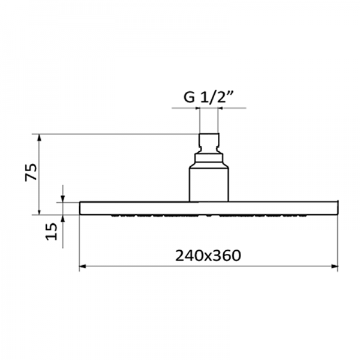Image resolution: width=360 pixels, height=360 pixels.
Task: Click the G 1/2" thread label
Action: click(x=208, y=97)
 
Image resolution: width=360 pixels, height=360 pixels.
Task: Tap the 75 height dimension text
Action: click(x=31, y=172)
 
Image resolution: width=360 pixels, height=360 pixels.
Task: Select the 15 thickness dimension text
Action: click(x=51, y=232)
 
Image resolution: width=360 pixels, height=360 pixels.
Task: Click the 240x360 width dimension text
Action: click(x=208, y=256)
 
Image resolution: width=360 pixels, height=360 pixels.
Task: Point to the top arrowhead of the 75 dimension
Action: click(x=39, y=138)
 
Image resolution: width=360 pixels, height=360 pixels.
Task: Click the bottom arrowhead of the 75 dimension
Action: click(x=39, y=211)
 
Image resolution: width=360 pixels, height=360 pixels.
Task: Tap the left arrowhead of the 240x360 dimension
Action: click(x=83, y=266)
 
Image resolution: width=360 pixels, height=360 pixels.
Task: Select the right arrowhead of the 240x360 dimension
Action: click(x=334, y=266)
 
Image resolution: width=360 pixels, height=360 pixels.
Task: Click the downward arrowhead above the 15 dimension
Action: click(x=63, y=199)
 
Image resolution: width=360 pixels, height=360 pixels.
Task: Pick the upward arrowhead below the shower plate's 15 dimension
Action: click(x=63, y=219)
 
